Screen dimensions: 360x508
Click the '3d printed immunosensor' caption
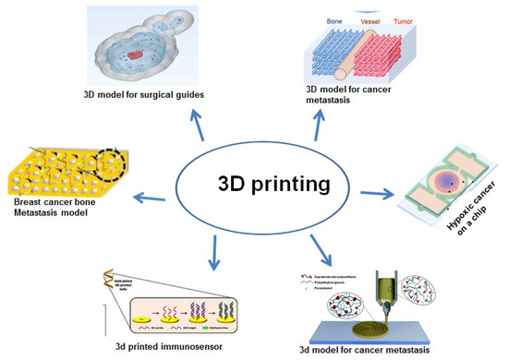tap(166, 346)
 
